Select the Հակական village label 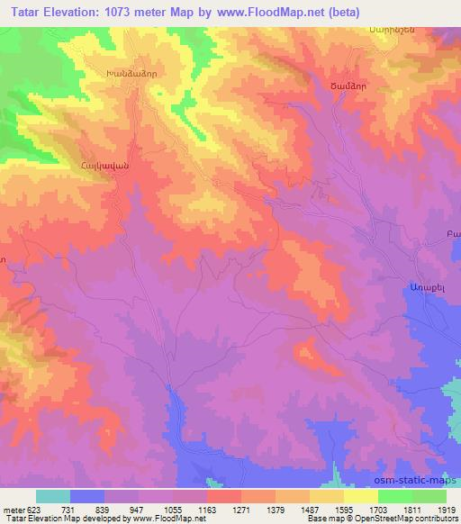105,166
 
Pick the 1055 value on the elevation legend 173,509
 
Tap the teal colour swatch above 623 53,496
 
